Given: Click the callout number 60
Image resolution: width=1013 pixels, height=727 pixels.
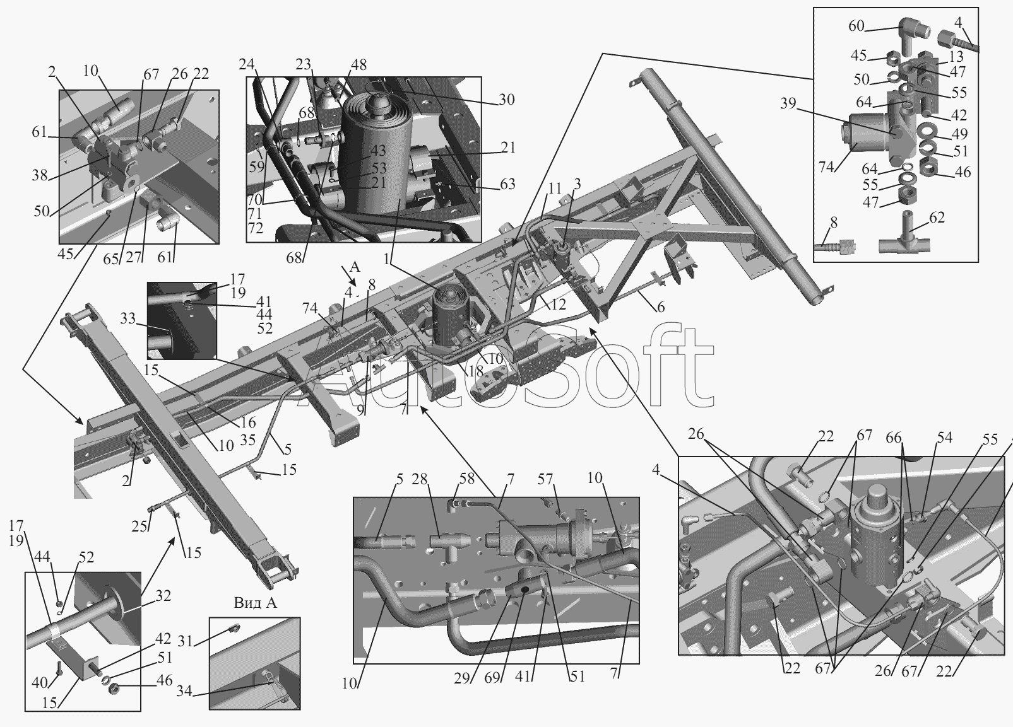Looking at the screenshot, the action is click(x=856, y=26).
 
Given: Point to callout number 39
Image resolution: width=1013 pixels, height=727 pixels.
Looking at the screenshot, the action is click(x=788, y=103).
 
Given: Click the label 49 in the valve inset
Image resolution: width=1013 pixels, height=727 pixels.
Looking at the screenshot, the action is click(x=959, y=134).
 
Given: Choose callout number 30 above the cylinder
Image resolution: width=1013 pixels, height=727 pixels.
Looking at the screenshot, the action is click(x=506, y=100).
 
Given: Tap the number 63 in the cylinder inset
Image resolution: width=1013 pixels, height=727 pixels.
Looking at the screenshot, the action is click(x=507, y=184).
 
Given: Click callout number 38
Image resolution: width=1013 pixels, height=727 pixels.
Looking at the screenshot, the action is click(x=40, y=175).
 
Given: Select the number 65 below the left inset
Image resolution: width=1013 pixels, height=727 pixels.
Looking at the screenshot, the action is click(x=111, y=259).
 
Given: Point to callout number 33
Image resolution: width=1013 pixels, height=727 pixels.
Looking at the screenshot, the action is click(x=128, y=318).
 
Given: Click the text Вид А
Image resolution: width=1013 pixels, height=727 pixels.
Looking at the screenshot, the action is click(x=255, y=602).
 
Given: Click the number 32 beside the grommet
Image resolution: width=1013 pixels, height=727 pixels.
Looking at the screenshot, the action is click(x=163, y=596).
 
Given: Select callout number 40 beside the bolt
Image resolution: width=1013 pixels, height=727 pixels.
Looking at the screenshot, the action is click(x=40, y=683).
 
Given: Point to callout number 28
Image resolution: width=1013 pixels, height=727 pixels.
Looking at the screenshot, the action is click(x=420, y=479).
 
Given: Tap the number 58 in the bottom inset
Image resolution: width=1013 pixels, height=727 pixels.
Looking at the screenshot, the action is click(x=466, y=479).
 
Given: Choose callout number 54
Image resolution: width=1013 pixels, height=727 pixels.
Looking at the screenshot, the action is click(x=944, y=438).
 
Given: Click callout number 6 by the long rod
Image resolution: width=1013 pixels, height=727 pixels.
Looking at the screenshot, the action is click(x=661, y=307).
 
